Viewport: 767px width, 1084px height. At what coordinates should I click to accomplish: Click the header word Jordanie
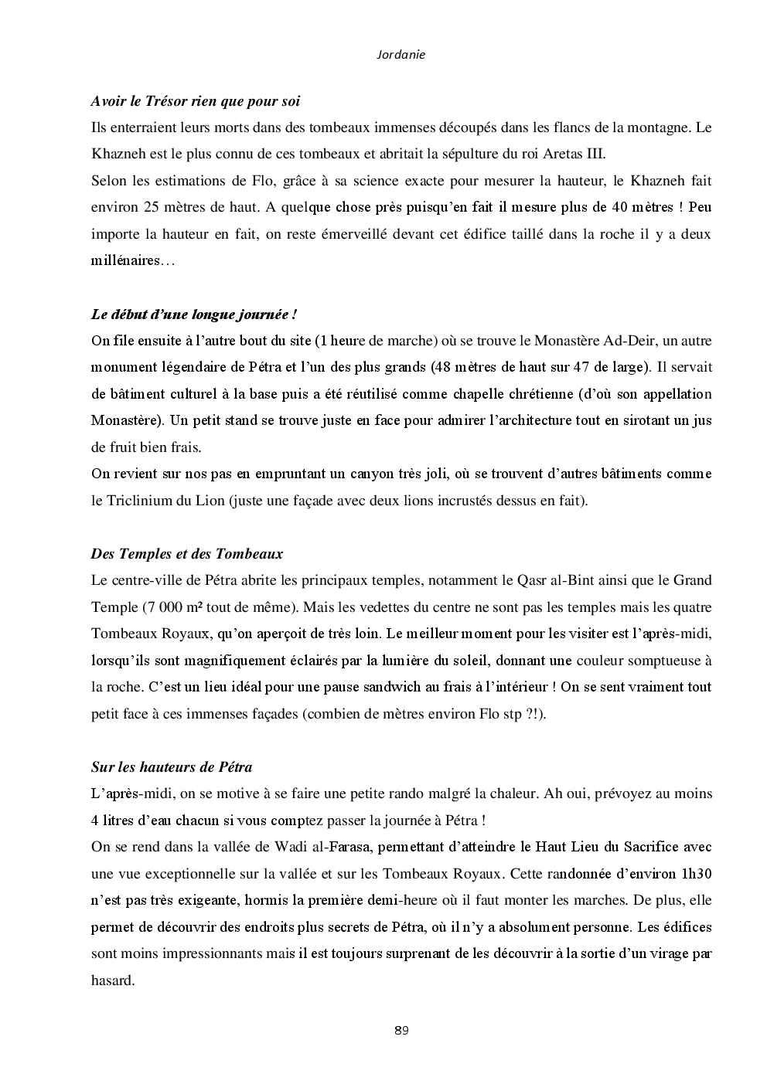tap(401, 55)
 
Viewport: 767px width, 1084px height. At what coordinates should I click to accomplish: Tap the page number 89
tap(401, 1030)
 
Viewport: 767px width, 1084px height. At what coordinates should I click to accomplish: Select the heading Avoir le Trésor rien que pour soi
tap(196, 101)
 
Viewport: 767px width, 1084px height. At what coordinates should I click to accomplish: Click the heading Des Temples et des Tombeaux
tap(187, 554)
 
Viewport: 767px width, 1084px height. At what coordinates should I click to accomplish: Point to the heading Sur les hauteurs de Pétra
tap(172, 767)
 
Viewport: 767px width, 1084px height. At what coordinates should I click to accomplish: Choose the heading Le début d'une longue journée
tap(194, 314)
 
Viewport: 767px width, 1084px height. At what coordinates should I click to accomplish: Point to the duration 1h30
tap(695, 874)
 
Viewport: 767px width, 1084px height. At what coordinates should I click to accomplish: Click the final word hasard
tap(112, 980)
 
